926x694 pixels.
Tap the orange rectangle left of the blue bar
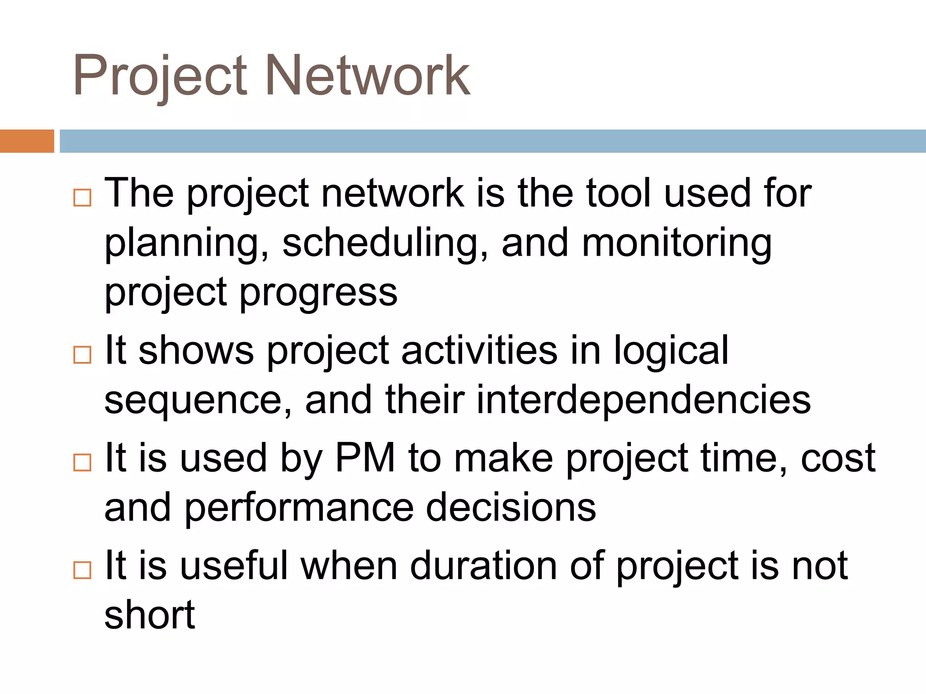tap(27, 141)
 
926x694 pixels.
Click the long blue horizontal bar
tap(492, 141)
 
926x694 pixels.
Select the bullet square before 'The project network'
tap(82, 198)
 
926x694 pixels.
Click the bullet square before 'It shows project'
tap(82, 355)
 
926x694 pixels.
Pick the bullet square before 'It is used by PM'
tap(82, 463)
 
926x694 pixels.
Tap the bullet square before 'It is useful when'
tap(82, 570)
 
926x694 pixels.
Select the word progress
tap(318, 294)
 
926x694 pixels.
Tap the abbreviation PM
tap(365, 458)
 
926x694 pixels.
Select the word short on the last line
tap(150, 615)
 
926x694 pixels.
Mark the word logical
tap(671, 352)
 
